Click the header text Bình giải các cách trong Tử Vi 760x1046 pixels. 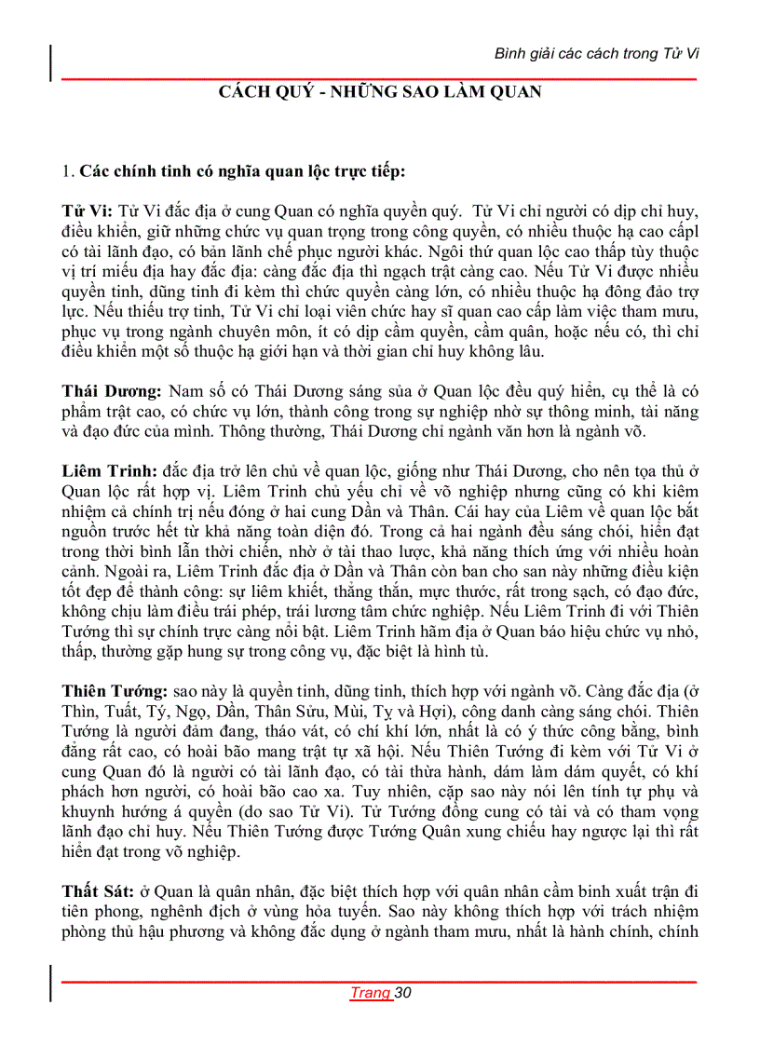(x=596, y=53)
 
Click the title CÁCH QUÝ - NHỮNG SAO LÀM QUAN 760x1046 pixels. (x=380, y=92)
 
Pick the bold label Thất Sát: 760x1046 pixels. (x=97, y=892)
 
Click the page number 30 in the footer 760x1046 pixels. (x=403, y=992)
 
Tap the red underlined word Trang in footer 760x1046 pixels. (x=370, y=992)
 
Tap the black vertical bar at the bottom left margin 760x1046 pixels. (x=50, y=983)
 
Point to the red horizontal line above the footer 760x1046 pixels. (x=380, y=981)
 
